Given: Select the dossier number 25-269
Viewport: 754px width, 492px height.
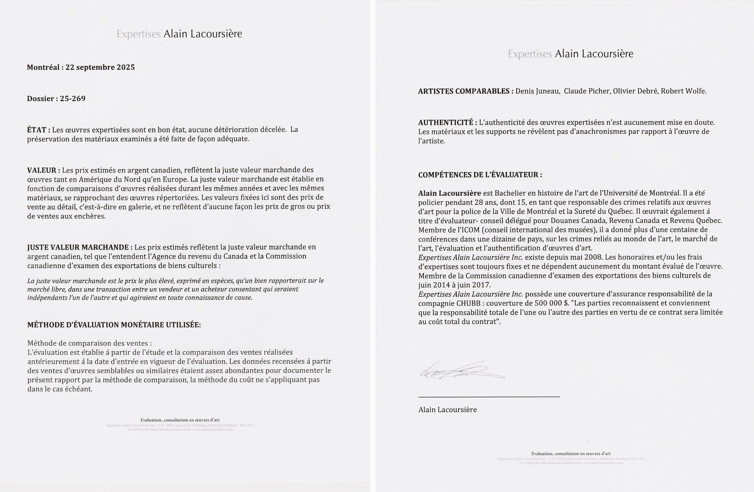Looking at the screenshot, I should click(x=71, y=99).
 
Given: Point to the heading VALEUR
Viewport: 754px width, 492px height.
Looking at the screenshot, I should click(x=43, y=170).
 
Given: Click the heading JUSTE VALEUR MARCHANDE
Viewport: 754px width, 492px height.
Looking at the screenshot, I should click(x=79, y=247).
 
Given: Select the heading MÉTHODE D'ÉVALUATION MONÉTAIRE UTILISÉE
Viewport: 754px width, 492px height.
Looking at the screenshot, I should click(x=114, y=325).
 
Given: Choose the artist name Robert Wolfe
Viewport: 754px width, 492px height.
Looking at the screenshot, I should click(x=684, y=91).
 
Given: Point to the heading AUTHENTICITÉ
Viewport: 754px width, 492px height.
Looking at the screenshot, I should click(x=447, y=122).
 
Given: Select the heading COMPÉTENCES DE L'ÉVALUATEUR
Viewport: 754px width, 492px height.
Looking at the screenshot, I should click(x=480, y=175).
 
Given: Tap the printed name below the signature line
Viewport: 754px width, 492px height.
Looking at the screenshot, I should click(x=447, y=409).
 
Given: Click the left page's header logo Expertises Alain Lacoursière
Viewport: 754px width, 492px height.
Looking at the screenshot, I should click(x=179, y=34).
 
